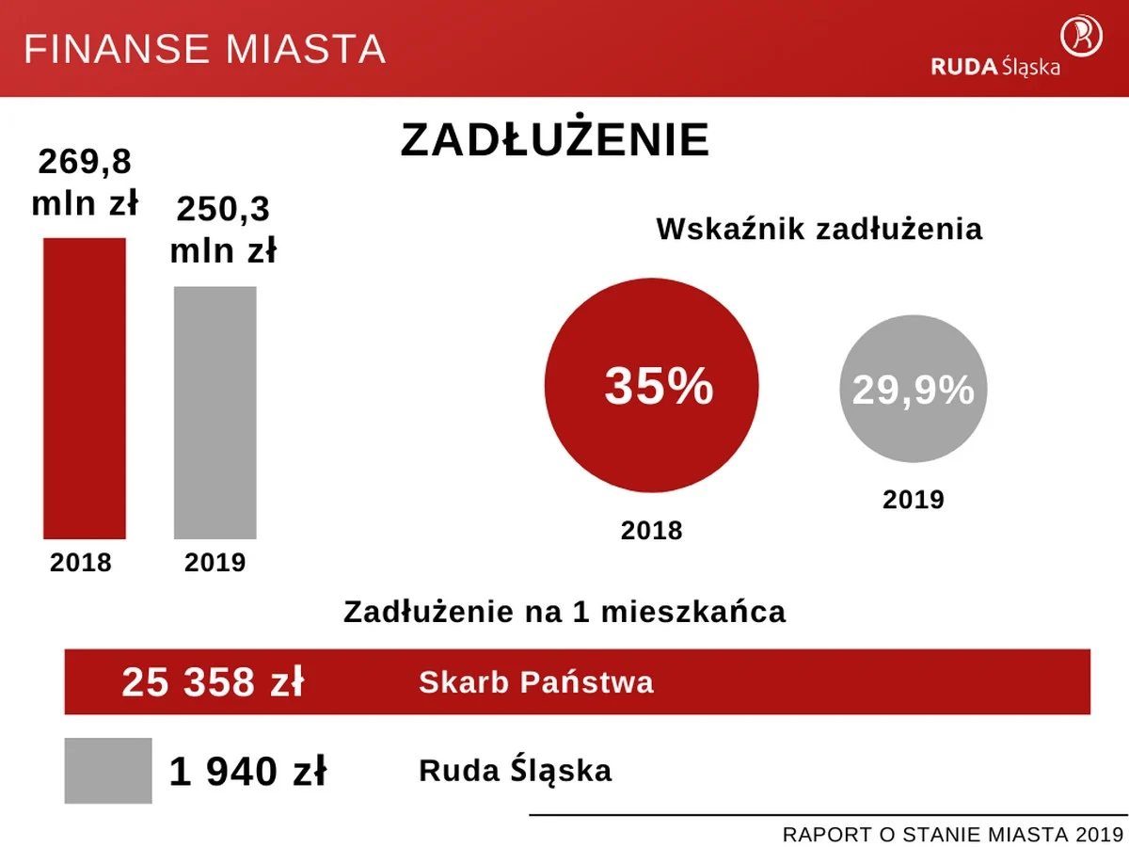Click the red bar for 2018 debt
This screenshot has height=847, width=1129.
point(85,388)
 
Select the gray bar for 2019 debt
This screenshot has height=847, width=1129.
point(215,412)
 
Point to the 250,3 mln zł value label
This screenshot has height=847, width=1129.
point(224,230)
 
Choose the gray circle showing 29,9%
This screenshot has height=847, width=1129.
point(913,389)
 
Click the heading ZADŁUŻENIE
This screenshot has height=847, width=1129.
point(555,140)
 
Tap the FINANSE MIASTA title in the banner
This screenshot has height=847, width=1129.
point(204,49)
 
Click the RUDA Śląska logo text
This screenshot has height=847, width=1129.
point(995,67)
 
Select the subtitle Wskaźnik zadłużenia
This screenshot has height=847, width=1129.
point(819,230)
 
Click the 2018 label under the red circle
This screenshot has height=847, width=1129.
point(651,531)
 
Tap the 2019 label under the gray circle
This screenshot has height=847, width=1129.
point(913,499)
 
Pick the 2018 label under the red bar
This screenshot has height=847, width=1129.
point(81,563)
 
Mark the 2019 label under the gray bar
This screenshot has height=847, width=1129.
point(215,563)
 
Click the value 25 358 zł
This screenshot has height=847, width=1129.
point(213,682)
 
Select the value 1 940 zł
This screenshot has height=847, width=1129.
point(247,772)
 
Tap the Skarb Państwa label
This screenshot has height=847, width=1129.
point(535,681)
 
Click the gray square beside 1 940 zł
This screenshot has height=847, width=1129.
point(108,771)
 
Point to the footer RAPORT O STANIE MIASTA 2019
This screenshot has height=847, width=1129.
point(952,834)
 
